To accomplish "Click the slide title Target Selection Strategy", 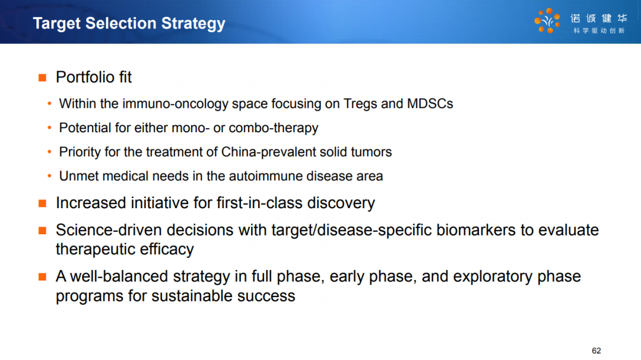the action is click(129, 24).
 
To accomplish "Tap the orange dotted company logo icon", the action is click(547, 21).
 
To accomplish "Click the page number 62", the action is click(596, 351).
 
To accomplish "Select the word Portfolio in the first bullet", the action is click(85, 77).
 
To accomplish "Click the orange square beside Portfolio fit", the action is click(43, 78).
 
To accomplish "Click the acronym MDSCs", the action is click(430, 104).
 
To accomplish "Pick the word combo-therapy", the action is click(274, 128).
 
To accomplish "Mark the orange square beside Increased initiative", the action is click(43, 203).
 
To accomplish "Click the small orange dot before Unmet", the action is click(49, 176).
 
